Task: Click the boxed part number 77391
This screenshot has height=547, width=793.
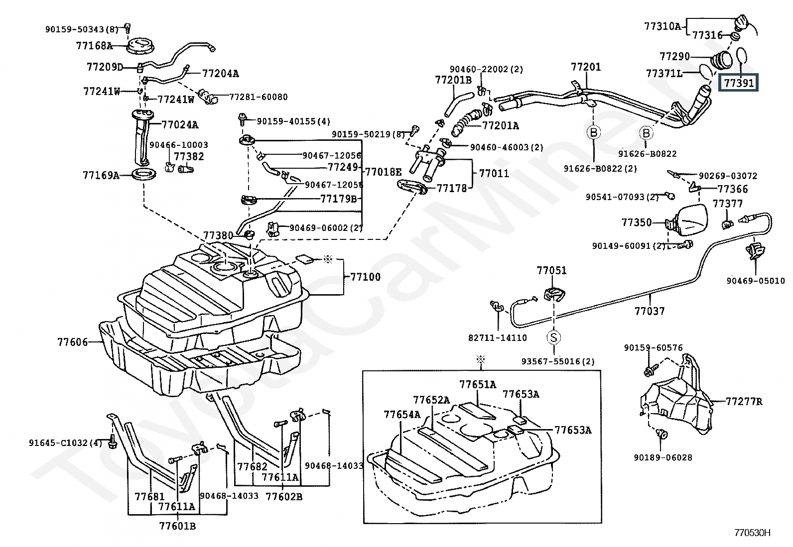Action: [x=739, y=83]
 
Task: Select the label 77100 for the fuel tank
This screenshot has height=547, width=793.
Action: [x=365, y=277]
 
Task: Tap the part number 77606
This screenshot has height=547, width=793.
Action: [x=72, y=342]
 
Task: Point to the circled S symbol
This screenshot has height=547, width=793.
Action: [x=553, y=337]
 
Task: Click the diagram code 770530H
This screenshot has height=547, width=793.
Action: [x=752, y=533]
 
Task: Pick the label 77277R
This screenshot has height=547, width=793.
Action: [x=744, y=401]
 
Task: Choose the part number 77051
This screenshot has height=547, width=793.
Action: [x=551, y=270]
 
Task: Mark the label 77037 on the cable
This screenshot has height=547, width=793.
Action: [x=650, y=311]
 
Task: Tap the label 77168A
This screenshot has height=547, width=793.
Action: [x=94, y=46]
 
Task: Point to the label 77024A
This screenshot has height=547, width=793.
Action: [x=180, y=124]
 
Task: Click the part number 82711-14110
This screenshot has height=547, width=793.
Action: [x=498, y=337]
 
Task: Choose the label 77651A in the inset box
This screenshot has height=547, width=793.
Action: [x=478, y=384]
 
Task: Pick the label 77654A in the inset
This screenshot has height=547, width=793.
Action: [x=402, y=414]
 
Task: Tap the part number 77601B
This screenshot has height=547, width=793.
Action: [x=177, y=526]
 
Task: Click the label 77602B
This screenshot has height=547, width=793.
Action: [x=284, y=496]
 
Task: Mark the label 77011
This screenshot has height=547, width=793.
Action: [x=494, y=174]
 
